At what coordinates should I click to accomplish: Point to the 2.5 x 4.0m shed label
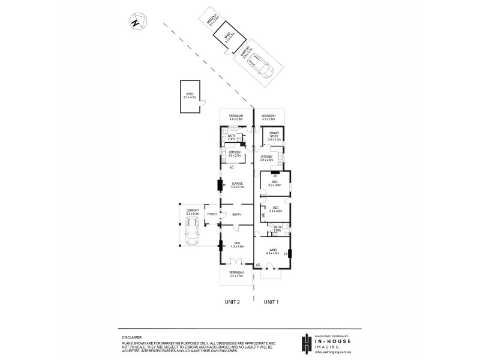(190, 96)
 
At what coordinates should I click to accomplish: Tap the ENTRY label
(236, 214)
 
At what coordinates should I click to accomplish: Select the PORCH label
(211, 214)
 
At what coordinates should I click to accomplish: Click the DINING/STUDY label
(274, 137)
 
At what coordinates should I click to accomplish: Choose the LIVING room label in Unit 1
(273, 252)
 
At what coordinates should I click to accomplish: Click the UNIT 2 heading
(232, 302)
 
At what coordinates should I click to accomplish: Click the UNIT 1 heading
(272, 302)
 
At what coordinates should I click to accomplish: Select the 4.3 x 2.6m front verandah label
(236, 275)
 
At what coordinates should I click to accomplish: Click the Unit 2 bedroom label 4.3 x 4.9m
(236, 245)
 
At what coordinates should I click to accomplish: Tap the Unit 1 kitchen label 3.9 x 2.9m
(267, 158)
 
